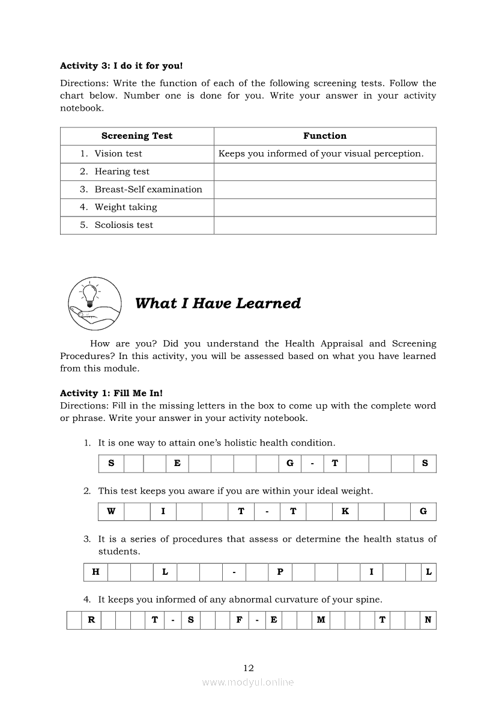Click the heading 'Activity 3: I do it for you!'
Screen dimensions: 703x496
point(121,66)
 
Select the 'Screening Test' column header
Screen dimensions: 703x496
point(137,136)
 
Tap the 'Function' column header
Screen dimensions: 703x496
point(325,136)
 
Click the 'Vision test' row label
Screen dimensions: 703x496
point(118,154)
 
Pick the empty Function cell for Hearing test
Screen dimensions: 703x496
point(325,172)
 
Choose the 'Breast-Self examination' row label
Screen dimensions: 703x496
point(148,189)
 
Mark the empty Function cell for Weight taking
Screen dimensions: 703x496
point(325,207)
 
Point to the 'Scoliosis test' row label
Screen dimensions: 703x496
point(124,225)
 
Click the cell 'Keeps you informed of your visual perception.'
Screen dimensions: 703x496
point(321,154)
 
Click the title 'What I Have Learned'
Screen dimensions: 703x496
point(218,303)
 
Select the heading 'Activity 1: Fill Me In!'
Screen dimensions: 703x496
point(111,393)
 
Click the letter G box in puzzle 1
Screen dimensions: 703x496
point(290,464)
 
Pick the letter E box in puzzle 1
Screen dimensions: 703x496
point(177,464)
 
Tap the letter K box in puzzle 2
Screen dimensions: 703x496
point(345,512)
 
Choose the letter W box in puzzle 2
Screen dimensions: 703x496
point(111,512)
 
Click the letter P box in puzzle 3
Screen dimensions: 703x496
point(280,572)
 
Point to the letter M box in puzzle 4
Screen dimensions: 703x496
point(321,620)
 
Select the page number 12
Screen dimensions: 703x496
point(249,668)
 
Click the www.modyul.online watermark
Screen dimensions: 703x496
point(248,682)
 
